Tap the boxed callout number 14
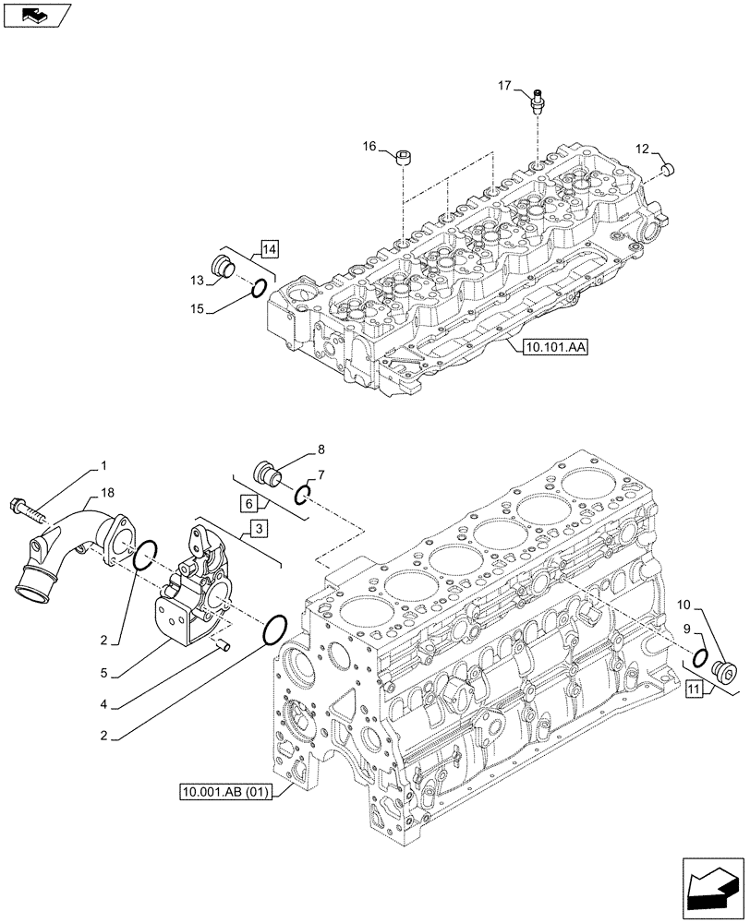pyautogui.click(x=269, y=248)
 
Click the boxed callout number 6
pyautogui.click(x=249, y=503)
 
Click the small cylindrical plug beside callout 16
pyautogui.click(x=405, y=159)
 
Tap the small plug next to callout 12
pyautogui.click(x=671, y=168)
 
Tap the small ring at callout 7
pyautogui.click(x=302, y=497)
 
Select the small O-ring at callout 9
pyautogui.click(x=700, y=657)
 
